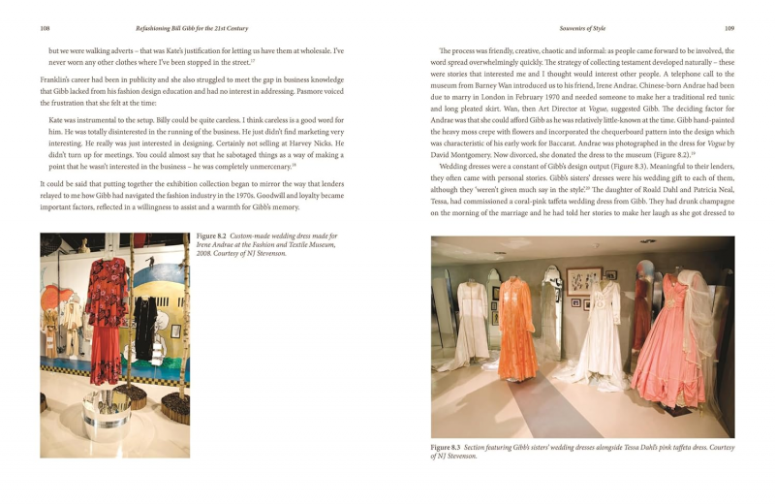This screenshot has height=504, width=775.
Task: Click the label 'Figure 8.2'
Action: [212, 236]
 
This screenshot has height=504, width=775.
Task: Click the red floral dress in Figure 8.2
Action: [106, 300]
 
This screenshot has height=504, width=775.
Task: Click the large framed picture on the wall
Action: [584, 281]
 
